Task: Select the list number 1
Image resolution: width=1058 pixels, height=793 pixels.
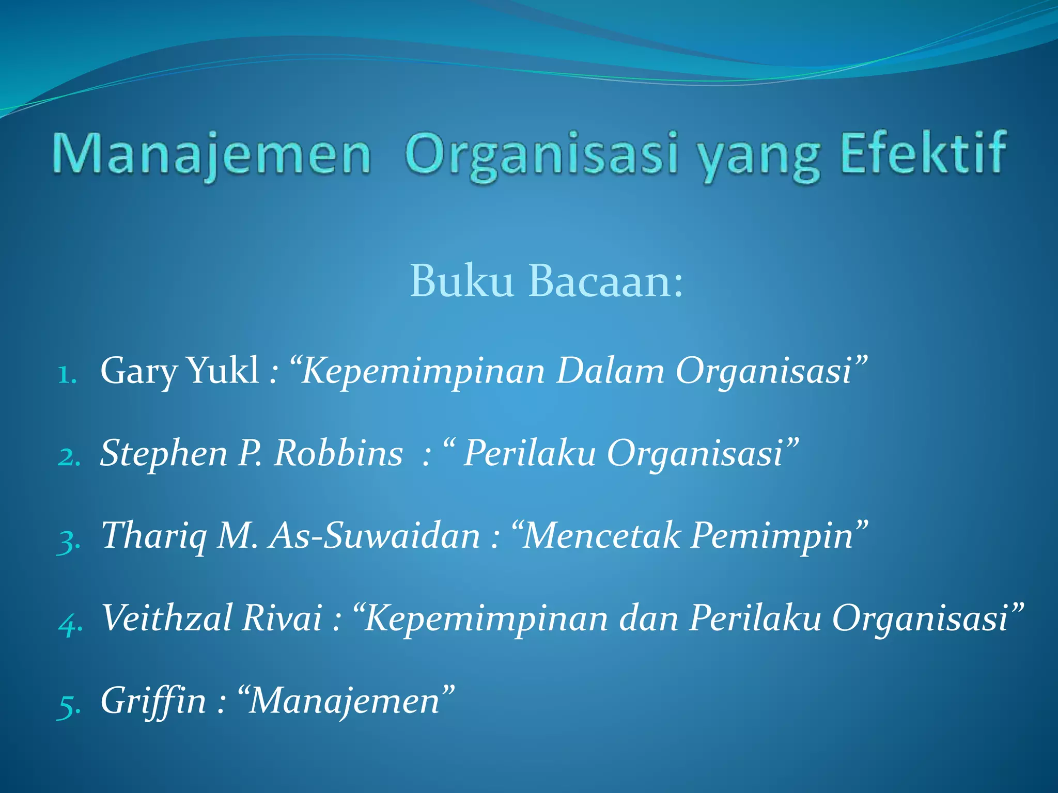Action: (x=67, y=374)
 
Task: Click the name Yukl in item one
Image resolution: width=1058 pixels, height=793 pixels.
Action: (x=223, y=371)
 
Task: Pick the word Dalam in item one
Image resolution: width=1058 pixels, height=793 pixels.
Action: (x=610, y=371)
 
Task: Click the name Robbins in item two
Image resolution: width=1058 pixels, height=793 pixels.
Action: (x=338, y=453)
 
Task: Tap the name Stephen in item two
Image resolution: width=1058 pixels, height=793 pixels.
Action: (x=164, y=453)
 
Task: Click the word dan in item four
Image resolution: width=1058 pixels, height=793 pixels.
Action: (x=649, y=618)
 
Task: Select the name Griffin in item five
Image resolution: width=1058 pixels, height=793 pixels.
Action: (x=153, y=701)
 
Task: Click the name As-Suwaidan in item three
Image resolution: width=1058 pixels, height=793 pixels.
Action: (x=376, y=536)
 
